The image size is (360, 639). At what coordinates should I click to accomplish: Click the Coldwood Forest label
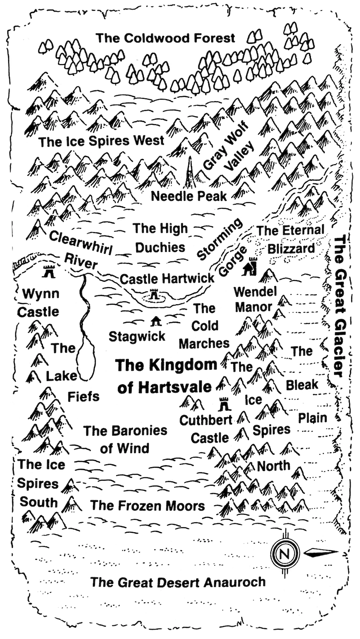point(165,38)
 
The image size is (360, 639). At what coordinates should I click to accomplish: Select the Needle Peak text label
point(189,196)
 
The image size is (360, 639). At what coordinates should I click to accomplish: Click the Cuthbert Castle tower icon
point(224,403)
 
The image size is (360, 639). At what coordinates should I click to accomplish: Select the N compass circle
point(285,554)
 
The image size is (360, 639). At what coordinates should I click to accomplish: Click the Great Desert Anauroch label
point(178,582)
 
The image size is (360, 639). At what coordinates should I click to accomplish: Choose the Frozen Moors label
point(147,506)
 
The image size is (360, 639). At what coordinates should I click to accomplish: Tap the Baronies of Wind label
point(125,439)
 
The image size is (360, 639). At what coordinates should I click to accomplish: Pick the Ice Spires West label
point(101,141)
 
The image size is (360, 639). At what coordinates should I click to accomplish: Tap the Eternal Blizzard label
point(290,239)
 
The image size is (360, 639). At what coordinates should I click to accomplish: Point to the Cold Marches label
point(204,326)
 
